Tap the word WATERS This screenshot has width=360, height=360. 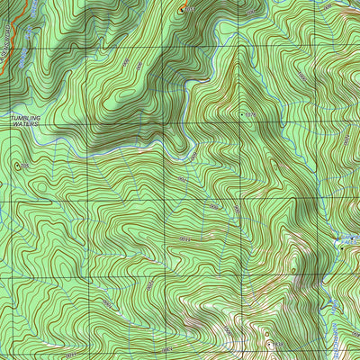pos(24,124)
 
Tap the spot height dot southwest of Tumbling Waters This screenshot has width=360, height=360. pos(17,166)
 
